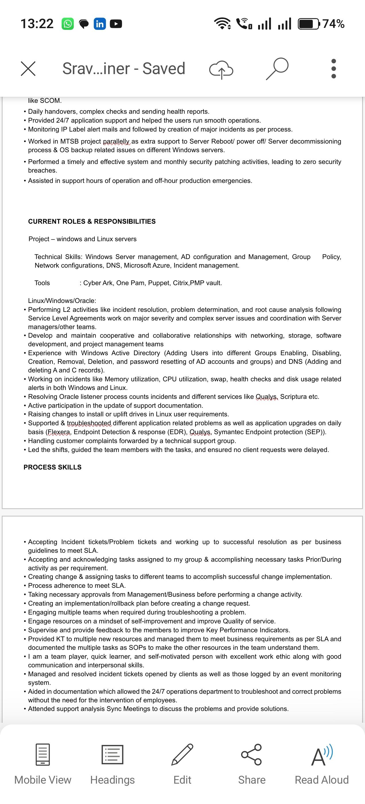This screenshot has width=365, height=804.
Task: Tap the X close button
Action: (x=28, y=69)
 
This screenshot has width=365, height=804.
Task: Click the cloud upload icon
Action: (x=221, y=69)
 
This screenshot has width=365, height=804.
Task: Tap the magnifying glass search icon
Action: (x=277, y=69)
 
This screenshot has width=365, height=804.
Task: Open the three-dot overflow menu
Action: (x=333, y=69)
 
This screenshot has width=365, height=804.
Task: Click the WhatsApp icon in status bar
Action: (x=68, y=24)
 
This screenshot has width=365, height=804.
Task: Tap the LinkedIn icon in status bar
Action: (x=100, y=24)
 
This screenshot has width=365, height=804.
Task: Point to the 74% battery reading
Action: (x=333, y=24)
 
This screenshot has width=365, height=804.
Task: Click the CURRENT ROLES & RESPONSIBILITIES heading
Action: (x=92, y=221)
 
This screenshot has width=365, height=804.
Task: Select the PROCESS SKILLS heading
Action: (x=53, y=467)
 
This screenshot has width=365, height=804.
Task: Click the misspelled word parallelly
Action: (x=117, y=141)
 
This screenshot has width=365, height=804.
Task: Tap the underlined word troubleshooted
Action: (x=89, y=423)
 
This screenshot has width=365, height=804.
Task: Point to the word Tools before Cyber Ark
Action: (x=42, y=283)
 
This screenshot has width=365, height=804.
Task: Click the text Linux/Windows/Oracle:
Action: (x=62, y=301)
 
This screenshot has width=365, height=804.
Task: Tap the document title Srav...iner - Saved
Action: (x=124, y=69)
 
